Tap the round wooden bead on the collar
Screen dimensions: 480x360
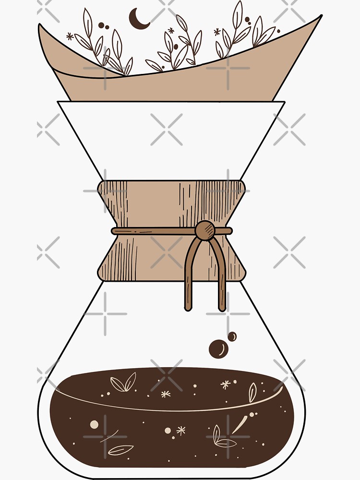(x=205, y=230)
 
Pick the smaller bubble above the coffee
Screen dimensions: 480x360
(x=232, y=337)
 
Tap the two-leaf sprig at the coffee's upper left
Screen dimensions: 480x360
(x=123, y=383)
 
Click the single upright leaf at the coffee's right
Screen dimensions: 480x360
(x=252, y=392)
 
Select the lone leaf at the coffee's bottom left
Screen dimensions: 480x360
(x=120, y=450)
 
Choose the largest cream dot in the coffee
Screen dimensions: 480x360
(x=95, y=424)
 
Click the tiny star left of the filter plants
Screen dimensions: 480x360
(x=70, y=36)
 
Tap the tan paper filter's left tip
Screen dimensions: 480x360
(x=40, y=27)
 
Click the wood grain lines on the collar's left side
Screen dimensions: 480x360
(x=115, y=206)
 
